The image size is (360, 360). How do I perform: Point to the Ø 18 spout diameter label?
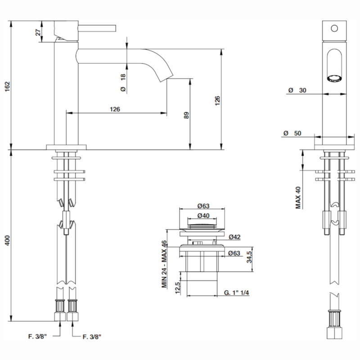pos(123,83)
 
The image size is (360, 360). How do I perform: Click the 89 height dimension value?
pos(186,115)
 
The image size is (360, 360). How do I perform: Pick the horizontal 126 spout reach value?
pos(115,109)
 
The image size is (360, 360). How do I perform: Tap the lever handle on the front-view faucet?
pos(97,28)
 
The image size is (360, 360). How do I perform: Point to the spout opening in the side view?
pos(333,78)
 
